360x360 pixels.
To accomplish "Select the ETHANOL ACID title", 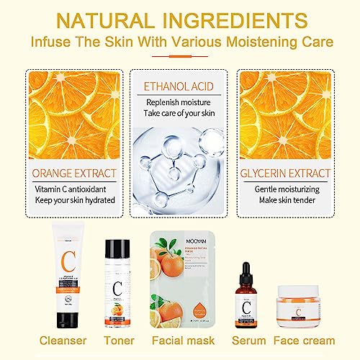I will click(x=180, y=83).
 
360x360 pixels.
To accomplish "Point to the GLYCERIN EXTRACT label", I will click(x=287, y=173).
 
